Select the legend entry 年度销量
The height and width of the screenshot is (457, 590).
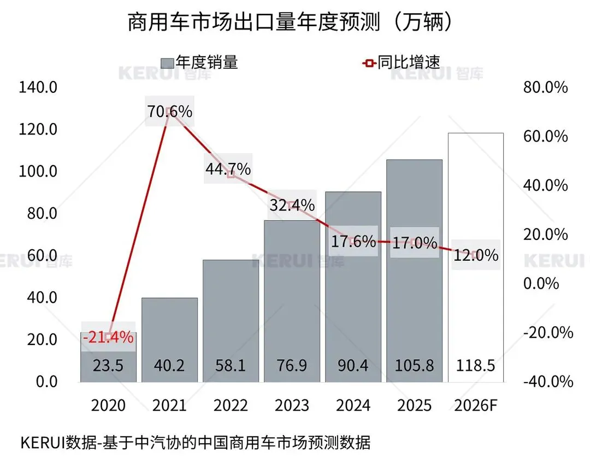(x=200, y=62)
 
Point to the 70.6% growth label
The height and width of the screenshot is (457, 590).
(x=169, y=112)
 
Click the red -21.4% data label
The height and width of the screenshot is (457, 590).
(x=108, y=337)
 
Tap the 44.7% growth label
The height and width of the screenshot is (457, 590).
(x=228, y=169)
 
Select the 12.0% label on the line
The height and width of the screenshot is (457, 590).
(x=476, y=255)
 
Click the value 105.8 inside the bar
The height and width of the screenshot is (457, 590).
(x=414, y=365)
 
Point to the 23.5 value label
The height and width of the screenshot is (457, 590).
(x=108, y=365)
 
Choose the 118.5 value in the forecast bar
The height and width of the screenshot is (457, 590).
(x=475, y=365)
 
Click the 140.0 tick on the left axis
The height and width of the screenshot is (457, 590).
(x=38, y=87)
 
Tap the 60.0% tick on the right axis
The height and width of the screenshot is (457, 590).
(x=545, y=136)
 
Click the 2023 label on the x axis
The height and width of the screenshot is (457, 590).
(x=292, y=406)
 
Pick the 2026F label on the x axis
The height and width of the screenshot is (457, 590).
(x=475, y=406)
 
